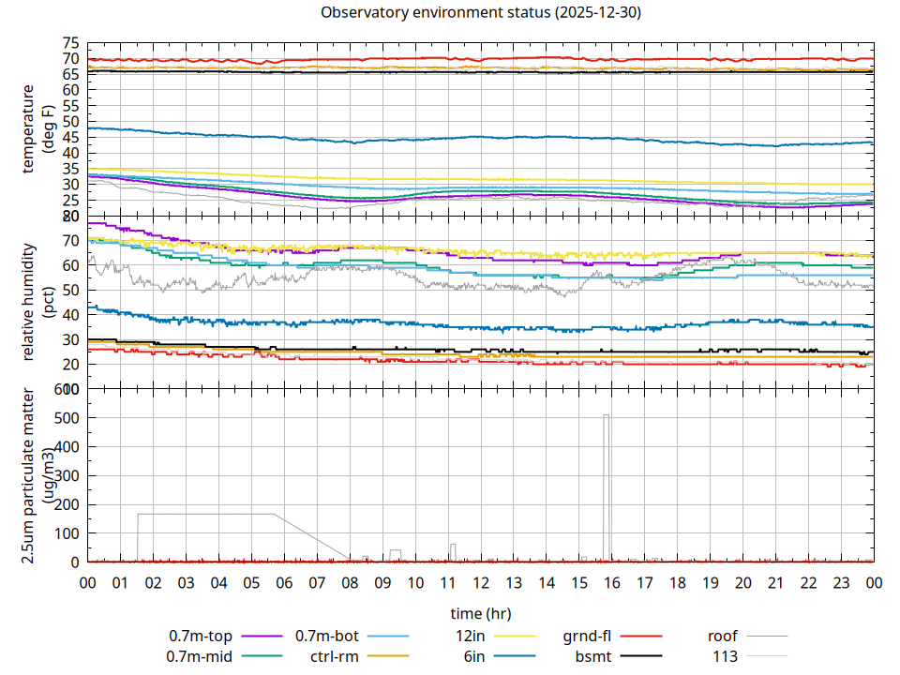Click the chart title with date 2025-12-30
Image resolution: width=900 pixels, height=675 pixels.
point(481,13)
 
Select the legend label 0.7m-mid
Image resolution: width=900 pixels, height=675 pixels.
point(200,656)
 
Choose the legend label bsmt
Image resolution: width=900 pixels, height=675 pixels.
point(593,656)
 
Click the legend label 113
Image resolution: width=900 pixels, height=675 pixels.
point(726,656)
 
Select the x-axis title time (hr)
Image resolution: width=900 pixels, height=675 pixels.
point(481,614)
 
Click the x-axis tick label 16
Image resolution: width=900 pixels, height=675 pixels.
point(611,582)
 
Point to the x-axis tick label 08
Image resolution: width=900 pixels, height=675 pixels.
point(350,582)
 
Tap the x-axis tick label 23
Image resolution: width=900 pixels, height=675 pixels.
point(841,582)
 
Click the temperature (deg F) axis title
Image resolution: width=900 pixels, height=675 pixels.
point(37,130)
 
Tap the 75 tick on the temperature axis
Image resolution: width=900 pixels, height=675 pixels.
point(70,43)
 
